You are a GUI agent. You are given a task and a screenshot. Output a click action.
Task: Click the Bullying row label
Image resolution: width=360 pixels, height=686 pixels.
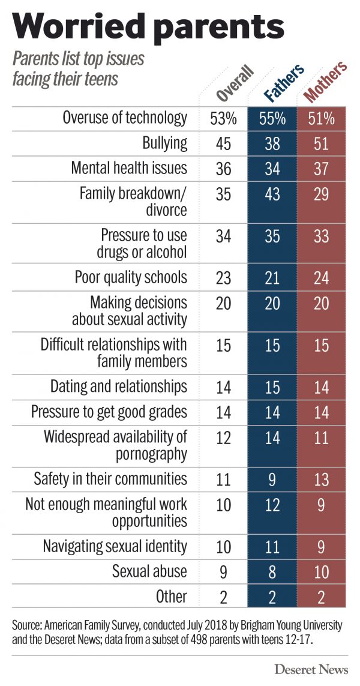165,143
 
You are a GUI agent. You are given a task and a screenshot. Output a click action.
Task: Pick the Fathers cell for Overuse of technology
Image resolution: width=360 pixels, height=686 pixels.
272,118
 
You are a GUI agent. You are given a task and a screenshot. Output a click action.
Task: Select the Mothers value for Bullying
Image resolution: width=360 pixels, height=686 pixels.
321,143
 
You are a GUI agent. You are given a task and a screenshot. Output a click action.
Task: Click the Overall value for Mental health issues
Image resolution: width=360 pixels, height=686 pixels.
223,169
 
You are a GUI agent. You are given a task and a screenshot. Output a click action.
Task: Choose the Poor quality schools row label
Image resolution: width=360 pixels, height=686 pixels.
131,277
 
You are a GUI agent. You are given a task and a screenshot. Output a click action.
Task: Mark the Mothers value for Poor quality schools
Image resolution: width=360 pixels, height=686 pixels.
321,278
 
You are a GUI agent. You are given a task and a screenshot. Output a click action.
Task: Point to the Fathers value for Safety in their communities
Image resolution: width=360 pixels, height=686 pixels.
272,479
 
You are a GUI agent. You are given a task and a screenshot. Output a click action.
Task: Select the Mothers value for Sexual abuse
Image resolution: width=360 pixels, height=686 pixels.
321,571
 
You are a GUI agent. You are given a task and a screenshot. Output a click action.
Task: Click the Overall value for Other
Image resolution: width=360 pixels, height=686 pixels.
223,597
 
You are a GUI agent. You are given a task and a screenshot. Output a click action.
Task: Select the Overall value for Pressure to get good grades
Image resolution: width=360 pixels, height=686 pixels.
223,412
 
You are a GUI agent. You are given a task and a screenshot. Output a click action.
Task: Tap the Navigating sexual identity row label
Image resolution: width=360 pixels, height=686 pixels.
115,546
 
